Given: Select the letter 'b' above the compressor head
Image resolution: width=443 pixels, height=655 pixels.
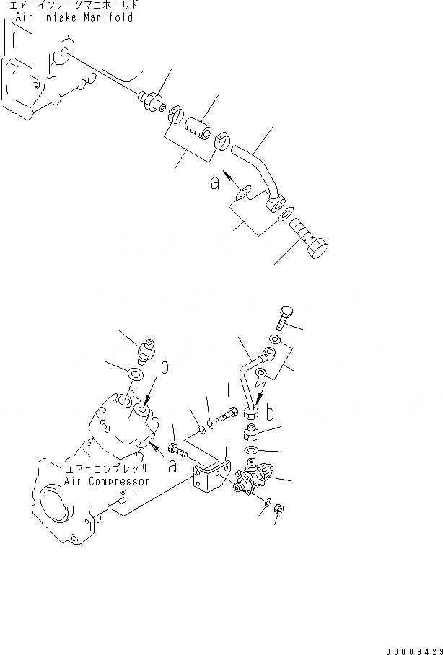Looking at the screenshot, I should (x=165, y=366).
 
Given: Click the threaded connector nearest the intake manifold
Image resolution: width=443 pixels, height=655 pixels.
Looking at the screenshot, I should (x=152, y=100).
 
